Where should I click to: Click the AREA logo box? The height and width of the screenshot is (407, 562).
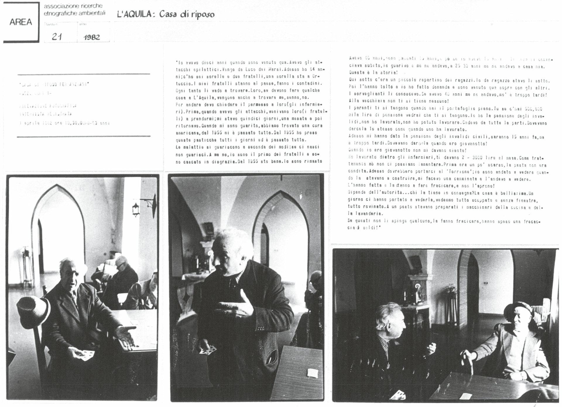point(20,22)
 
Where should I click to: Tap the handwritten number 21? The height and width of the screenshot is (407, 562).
point(56,37)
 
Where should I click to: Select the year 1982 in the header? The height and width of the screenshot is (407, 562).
point(92,37)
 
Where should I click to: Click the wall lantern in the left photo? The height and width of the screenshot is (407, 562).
point(136,209)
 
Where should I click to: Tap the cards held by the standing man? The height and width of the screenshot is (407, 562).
point(210,349)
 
